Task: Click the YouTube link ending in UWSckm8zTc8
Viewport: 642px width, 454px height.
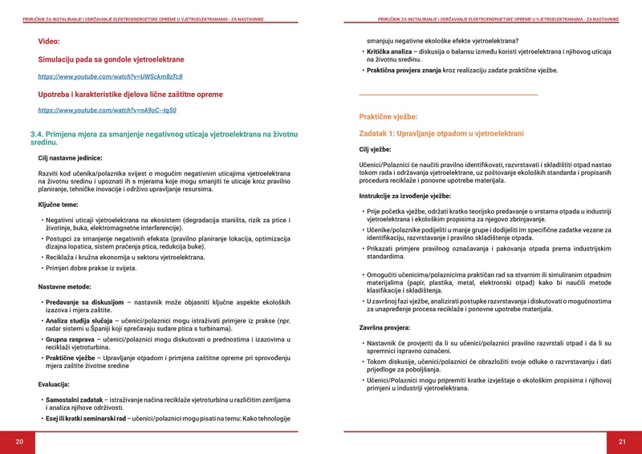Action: (x=110, y=76)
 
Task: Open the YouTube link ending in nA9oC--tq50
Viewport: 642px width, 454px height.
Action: (x=107, y=110)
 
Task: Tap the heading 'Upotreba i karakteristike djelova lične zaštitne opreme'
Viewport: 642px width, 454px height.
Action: (x=130, y=94)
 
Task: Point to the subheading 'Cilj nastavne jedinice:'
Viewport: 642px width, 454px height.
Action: (x=70, y=158)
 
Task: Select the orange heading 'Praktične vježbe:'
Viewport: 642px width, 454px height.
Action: (x=388, y=116)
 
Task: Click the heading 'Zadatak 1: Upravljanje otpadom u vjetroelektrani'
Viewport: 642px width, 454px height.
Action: (x=441, y=133)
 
